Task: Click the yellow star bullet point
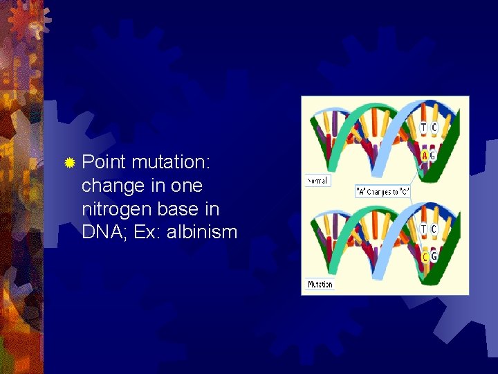[69, 163]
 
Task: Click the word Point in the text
[103, 163]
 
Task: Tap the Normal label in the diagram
[318, 181]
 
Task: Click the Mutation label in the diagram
[320, 284]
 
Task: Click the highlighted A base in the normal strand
[425, 156]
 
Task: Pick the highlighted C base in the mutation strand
[425, 258]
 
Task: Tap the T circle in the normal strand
[424, 127]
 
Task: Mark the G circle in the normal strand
[434, 156]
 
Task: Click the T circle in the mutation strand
[424, 229]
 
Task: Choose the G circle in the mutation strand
[434, 258]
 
